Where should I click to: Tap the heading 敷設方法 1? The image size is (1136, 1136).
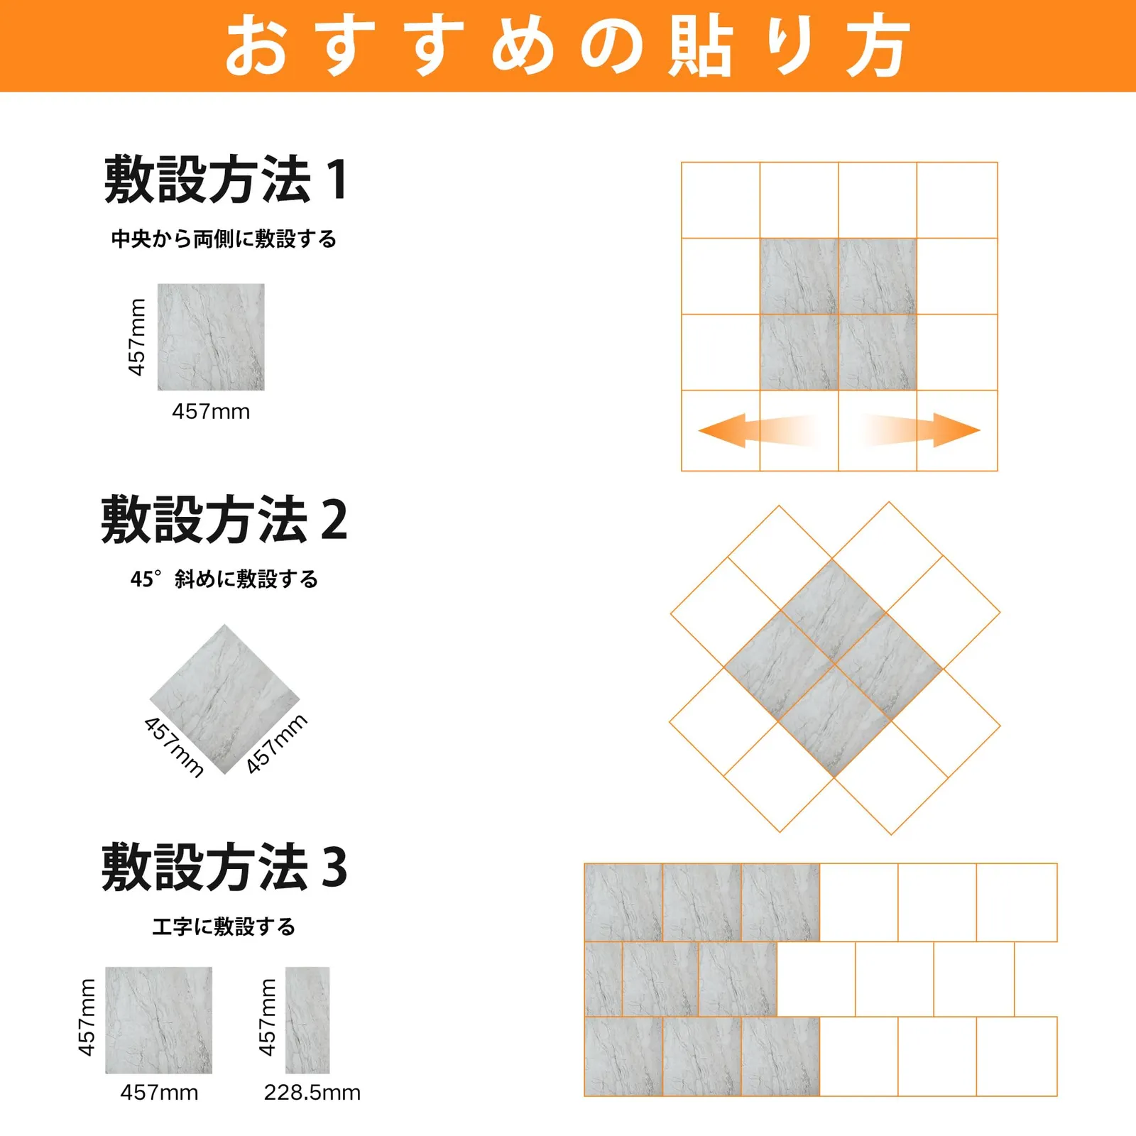pyautogui.click(x=226, y=179)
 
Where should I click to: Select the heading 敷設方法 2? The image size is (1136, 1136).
pyautogui.click(x=224, y=520)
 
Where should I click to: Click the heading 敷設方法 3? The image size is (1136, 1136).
pyautogui.click(x=224, y=867)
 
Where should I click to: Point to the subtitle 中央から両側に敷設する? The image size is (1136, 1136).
pyautogui.click(x=224, y=239)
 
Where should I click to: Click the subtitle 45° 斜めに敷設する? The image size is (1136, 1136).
pyautogui.click(x=224, y=579)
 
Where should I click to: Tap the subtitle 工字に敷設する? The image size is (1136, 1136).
pyautogui.click(x=224, y=926)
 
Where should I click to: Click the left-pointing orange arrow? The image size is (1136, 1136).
pyautogui.click(x=758, y=430)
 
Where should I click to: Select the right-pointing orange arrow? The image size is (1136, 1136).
pyautogui.click(x=922, y=430)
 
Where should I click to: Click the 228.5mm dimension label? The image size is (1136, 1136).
pyautogui.click(x=312, y=1092)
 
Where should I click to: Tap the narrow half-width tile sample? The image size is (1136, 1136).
pyautogui.click(x=307, y=1020)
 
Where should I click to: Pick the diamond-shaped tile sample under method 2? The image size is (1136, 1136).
pyautogui.click(x=224, y=699)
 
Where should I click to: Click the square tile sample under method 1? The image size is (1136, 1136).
pyautogui.click(x=211, y=337)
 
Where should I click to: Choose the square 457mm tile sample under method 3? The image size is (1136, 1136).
pyautogui.click(x=159, y=1020)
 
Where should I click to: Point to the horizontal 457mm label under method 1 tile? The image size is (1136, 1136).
pyautogui.click(x=211, y=411)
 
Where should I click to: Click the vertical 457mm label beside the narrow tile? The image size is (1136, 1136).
pyautogui.click(x=267, y=1017)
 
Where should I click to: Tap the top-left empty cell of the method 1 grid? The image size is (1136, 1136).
pyautogui.click(x=721, y=200)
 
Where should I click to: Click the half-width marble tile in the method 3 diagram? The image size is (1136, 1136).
pyautogui.click(x=603, y=979)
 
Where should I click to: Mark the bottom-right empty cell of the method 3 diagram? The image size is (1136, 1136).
pyautogui.click(x=1017, y=1056)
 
